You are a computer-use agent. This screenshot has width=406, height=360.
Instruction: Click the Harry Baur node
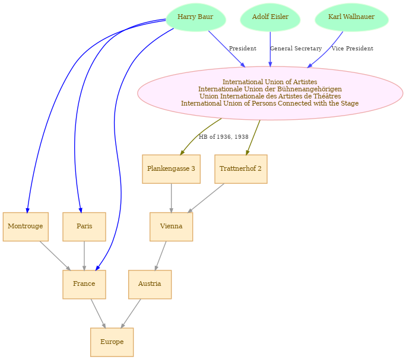[x=195, y=17]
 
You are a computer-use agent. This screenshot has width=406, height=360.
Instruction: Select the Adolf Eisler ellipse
[x=270, y=17]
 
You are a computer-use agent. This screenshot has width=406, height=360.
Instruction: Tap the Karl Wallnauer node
[x=351, y=17]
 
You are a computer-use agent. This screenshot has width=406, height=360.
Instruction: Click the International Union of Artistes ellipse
[x=270, y=93]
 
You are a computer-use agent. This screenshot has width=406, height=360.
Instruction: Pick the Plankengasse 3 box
[x=171, y=169]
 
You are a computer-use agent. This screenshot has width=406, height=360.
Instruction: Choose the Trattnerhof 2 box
[x=241, y=169]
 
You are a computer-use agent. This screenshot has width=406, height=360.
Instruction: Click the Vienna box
[x=171, y=227]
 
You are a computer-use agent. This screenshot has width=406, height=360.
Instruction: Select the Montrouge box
[x=26, y=227]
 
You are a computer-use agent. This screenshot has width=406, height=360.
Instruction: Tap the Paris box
[x=84, y=227]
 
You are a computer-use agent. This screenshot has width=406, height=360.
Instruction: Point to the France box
[x=84, y=285]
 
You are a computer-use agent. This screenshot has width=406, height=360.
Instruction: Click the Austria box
[x=150, y=285]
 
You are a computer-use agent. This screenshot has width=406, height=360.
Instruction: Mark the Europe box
[x=112, y=342]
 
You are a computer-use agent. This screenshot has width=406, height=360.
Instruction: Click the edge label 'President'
[x=243, y=49]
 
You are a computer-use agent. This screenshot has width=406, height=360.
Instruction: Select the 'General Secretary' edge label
[x=296, y=49]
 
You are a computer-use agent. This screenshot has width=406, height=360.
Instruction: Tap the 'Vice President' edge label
[x=353, y=49]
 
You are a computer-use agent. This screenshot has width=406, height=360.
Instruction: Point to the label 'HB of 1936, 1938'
[x=223, y=136]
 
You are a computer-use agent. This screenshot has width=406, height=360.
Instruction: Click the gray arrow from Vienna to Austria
[x=160, y=256]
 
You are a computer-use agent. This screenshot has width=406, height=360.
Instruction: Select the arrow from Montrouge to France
[x=55, y=256]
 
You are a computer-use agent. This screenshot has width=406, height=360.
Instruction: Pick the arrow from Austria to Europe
[x=131, y=313]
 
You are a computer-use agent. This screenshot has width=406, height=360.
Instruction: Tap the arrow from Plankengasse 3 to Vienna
[x=171, y=198]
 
